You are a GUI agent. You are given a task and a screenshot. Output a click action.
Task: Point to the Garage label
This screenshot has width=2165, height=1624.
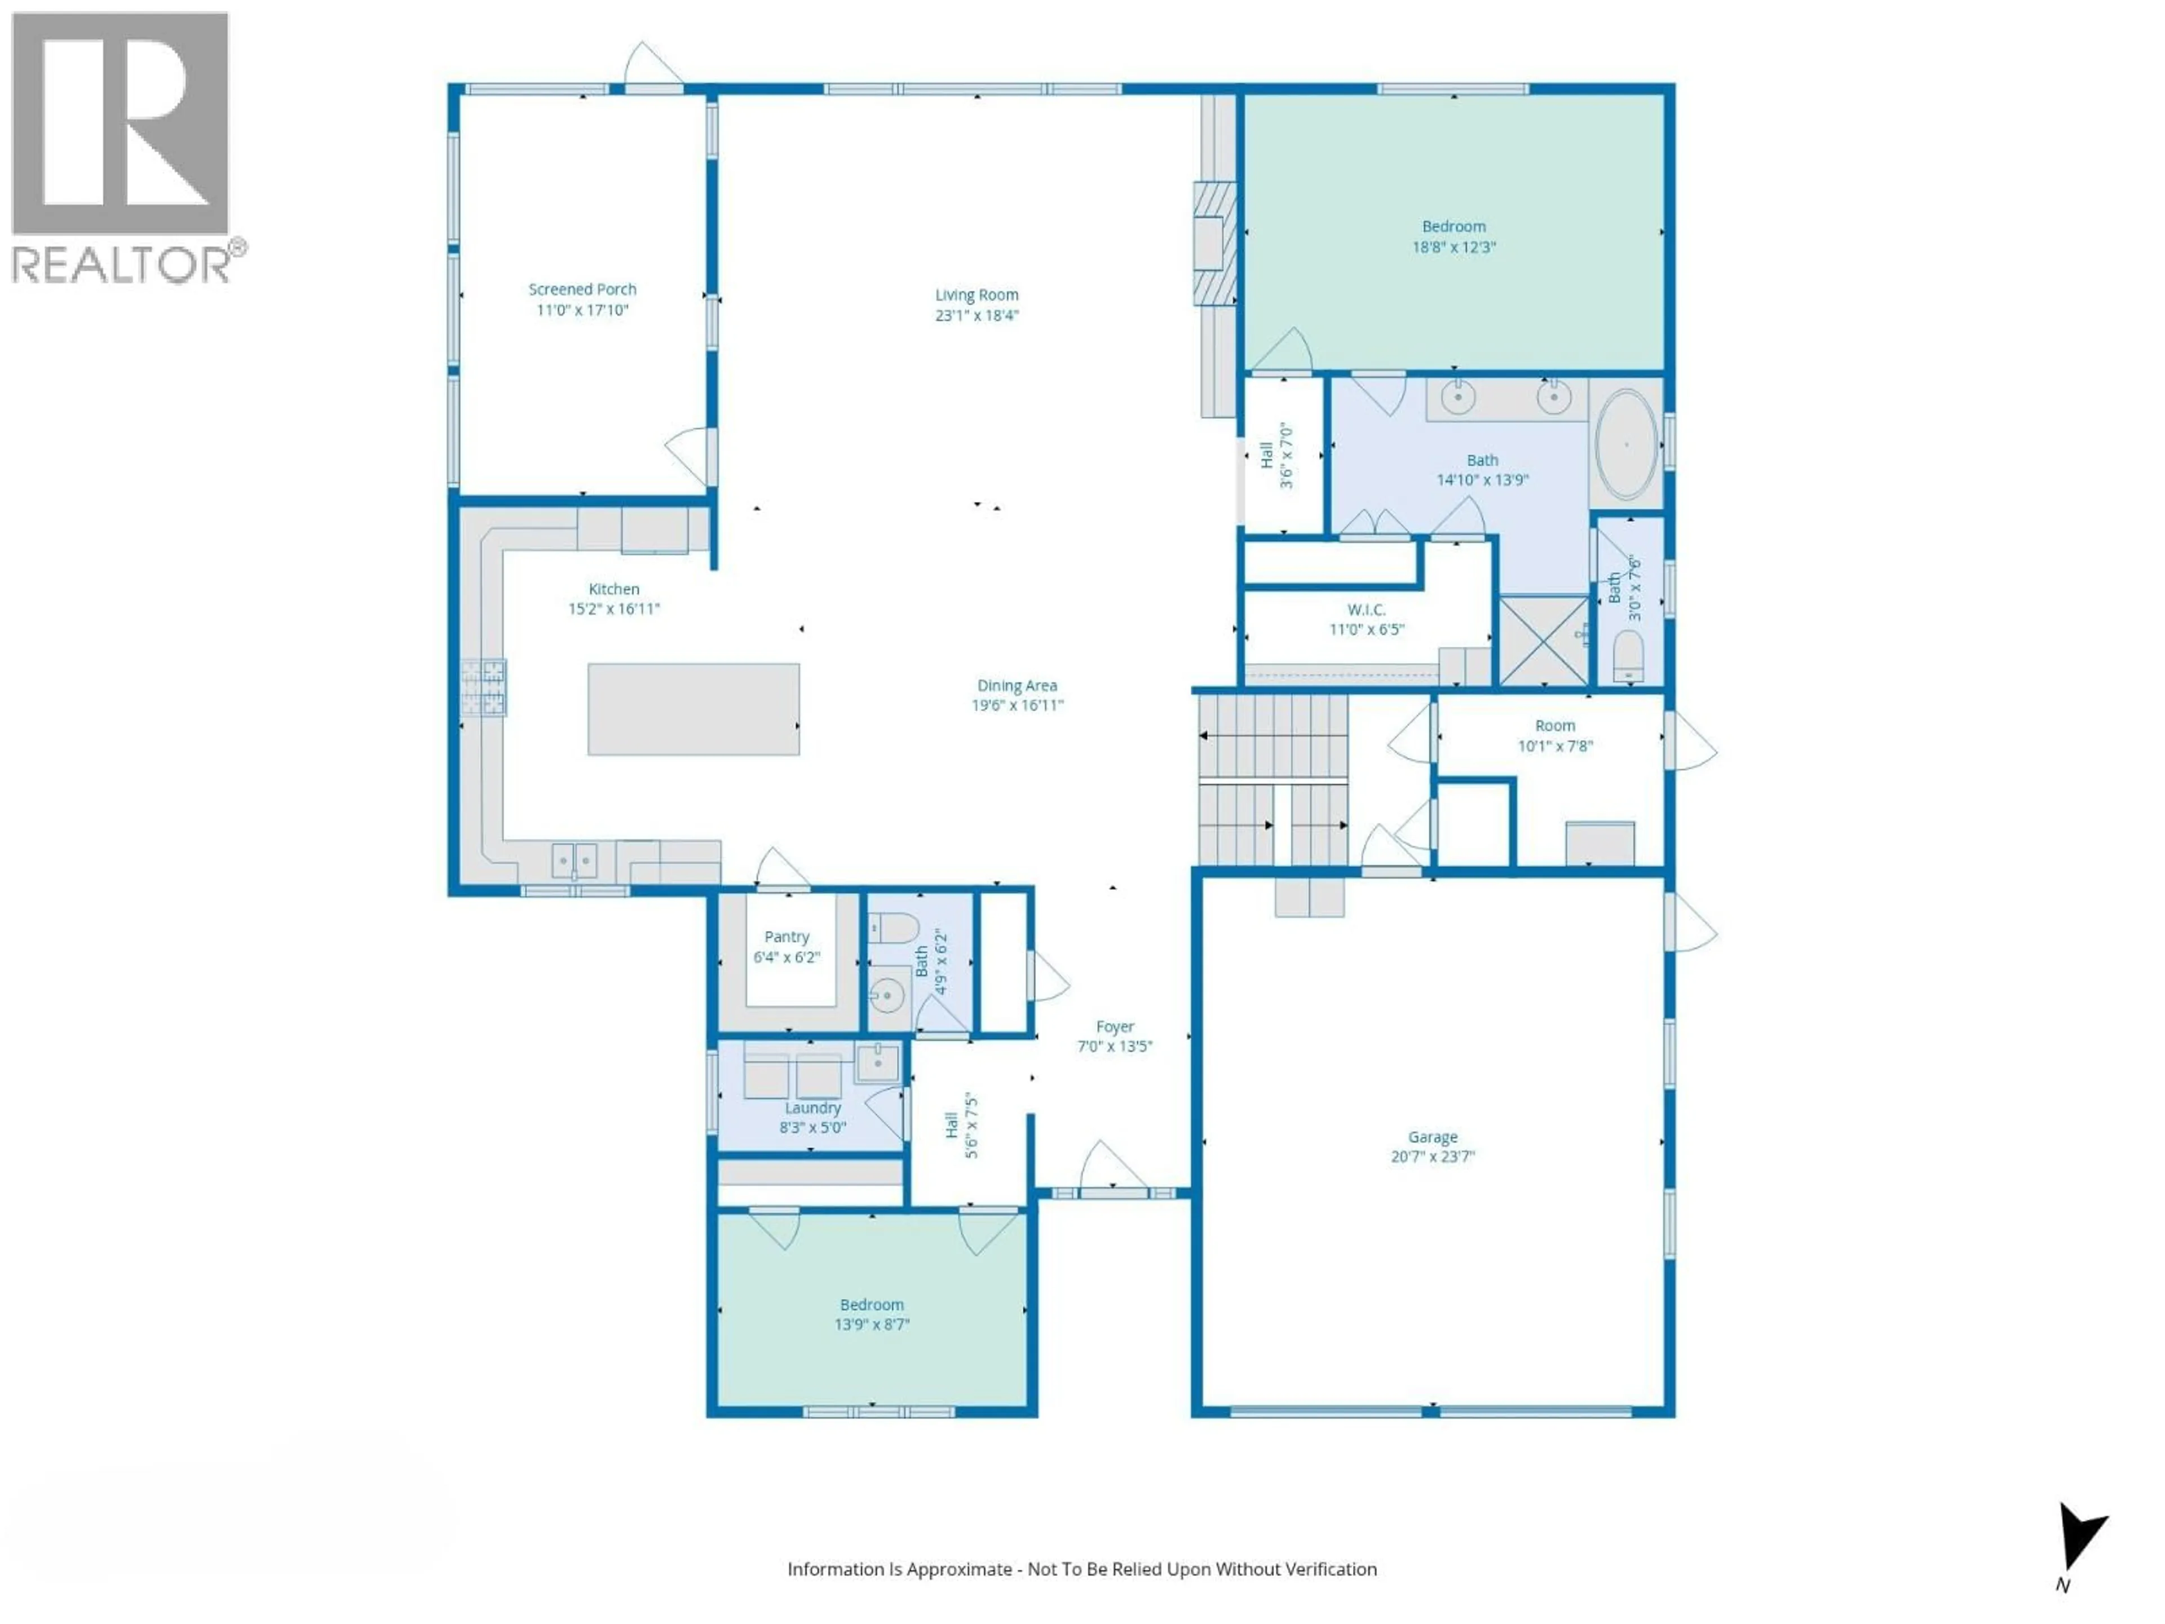(x=1432, y=1136)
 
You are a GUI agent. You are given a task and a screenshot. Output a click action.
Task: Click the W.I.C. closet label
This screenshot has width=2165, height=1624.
(x=1366, y=609)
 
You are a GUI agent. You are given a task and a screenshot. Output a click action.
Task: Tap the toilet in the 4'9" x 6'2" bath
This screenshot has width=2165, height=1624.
(x=892, y=926)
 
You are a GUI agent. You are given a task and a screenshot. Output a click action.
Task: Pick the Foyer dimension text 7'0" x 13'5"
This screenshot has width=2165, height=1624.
(x=1114, y=1045)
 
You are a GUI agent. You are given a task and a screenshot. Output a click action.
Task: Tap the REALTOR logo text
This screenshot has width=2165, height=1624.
(x=121, y=264)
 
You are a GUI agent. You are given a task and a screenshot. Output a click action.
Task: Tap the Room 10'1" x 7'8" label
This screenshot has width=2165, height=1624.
(x=1554, y=725)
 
